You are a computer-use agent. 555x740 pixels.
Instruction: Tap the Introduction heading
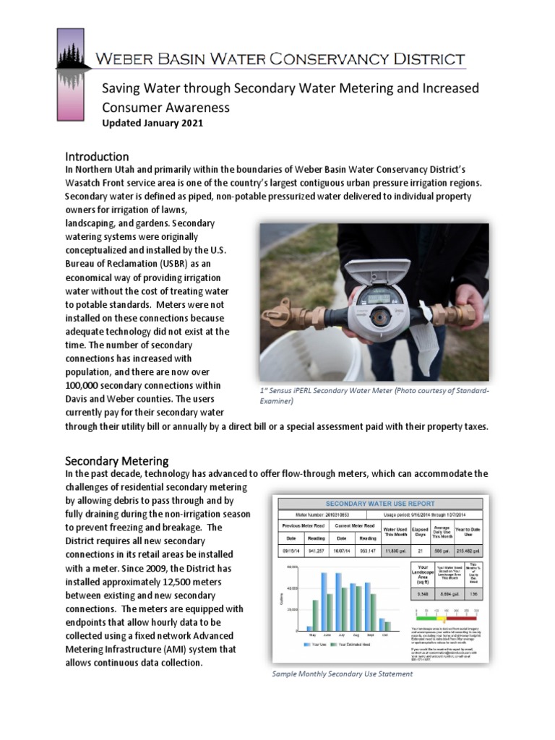tap(97, 156)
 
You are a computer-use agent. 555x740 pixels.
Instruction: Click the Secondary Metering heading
tap(117, 460)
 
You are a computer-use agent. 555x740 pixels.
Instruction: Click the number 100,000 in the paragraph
tap(90, 386)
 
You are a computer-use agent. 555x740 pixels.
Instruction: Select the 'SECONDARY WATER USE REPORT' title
tap(380, 504)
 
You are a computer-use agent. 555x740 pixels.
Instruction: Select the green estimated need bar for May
tap(315, 615)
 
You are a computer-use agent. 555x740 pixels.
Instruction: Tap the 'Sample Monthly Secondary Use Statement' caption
tap(342, 674)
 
